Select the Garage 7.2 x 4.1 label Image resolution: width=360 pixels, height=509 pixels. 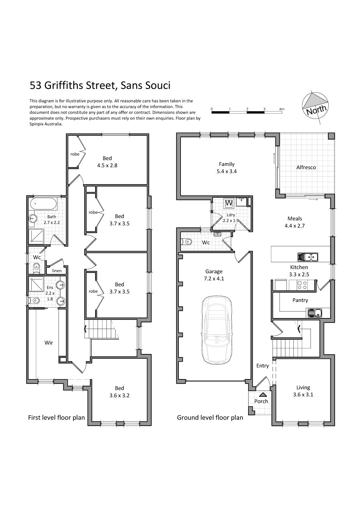coord(214,275)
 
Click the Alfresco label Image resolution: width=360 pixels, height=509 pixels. coord(306,167)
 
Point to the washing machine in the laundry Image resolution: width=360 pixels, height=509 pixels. coord(229,203)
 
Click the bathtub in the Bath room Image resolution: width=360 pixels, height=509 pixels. coord(43,204)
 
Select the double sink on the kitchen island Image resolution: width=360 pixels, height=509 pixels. coord(308,257)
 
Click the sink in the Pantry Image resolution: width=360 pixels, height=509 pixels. coord(315,313)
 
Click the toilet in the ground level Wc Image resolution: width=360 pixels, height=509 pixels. coord(186,241)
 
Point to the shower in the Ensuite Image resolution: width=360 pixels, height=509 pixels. coord(36,284)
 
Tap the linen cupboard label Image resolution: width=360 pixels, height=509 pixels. coord(57,271)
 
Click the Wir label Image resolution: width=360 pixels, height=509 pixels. coord(49,343)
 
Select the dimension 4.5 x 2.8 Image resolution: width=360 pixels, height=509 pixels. coord(107,165)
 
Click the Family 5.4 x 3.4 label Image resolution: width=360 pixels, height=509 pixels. coord(227,168)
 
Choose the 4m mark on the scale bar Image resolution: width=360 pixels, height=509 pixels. coord(282,109)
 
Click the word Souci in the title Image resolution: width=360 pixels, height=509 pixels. coord(157,86)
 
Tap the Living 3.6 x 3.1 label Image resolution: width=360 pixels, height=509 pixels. coord(303,391)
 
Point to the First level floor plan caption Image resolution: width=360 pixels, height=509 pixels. coord(56,418)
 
